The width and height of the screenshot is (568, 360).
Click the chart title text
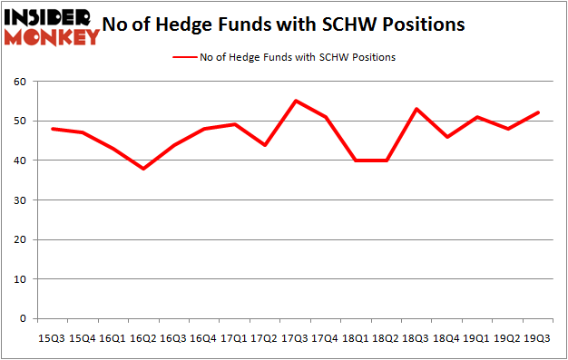pyautogui.click(x=284, y=24)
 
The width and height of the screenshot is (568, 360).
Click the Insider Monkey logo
pyautogui.click(x=51, y=26)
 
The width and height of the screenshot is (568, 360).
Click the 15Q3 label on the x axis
pyautogui.click(x=52, y=336)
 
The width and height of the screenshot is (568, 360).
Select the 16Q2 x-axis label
pyautogui.click(x=142, y=336)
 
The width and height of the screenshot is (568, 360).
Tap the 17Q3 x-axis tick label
pyautogui.click(x=294, y=336)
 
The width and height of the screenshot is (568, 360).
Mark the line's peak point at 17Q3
pyautogui.click(x=294, y=101)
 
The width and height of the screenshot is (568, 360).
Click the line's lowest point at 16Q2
pyautogui.click(x=142, y=169)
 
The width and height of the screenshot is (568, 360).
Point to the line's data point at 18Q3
pyautogui.click(x=415, y=109)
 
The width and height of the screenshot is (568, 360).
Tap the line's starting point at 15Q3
pyautogui.click(x=52, y=129)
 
